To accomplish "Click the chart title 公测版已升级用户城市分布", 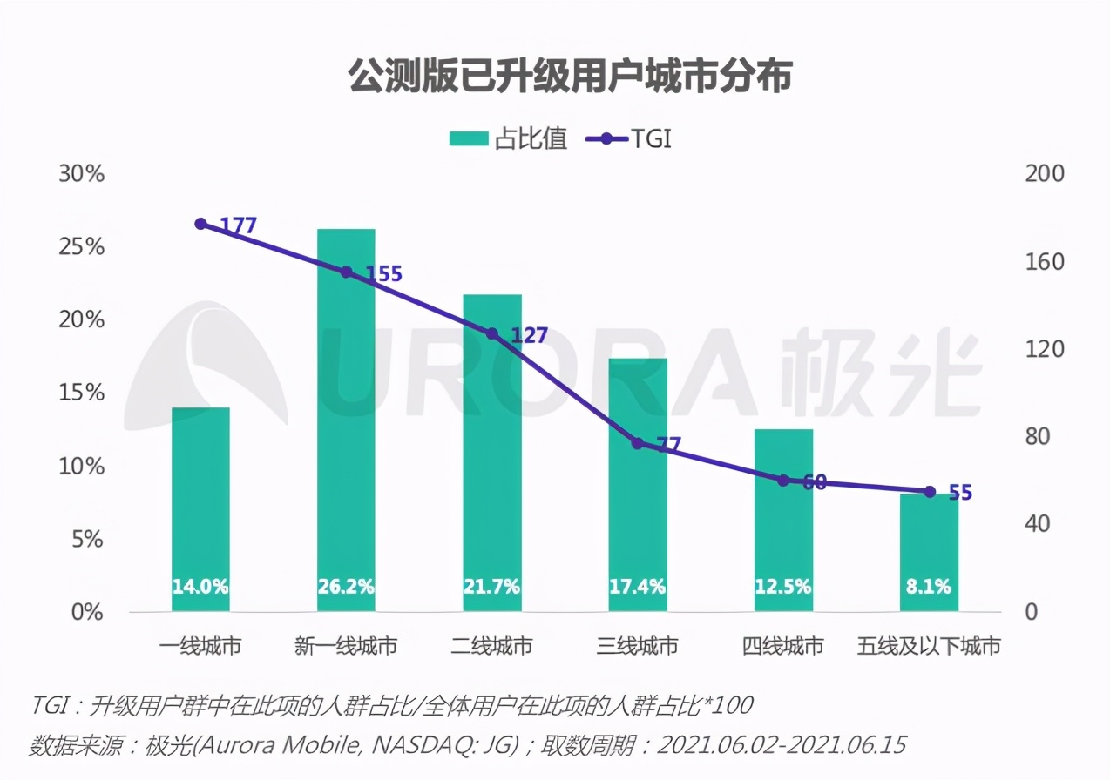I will pos(570,77).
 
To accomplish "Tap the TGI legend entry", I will pos(629,139).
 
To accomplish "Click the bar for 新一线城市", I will pos(346,418).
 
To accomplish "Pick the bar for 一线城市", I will pos(200,509).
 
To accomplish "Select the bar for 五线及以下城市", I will pos(929,553).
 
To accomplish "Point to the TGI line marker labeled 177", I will pos(200,224).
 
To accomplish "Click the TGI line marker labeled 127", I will pos(492,334).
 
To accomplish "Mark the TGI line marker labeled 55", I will pos(930,492).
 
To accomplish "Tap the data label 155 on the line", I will pos(383,274).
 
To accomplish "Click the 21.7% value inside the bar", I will pos(492,587).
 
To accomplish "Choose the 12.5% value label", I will pos(783,587).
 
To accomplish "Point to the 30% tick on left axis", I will pos(81,173).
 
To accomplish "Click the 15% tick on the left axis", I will pos(81,393).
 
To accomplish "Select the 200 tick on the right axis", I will pos(1045,173).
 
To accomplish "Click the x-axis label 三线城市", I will pos(638,646).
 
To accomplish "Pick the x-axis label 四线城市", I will pos(783,646).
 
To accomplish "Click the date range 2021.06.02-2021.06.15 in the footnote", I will pos(782,746).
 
